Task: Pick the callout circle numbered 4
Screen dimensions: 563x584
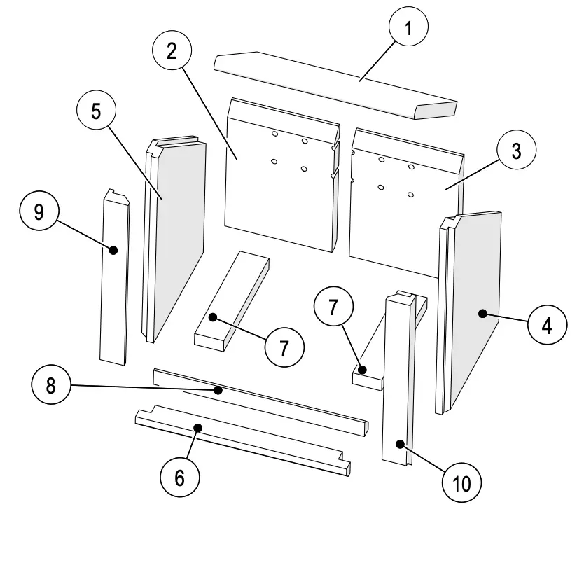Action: tap(548, 326)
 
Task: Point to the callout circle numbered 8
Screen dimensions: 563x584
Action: tap(51, 386)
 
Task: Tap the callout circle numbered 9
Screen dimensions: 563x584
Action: tap(39, 211)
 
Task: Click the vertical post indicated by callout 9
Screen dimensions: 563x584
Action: tap(114, 280)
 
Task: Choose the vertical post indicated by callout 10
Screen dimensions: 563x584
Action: tap(398, 378)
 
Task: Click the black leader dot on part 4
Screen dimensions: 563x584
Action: tap(482, 314)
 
